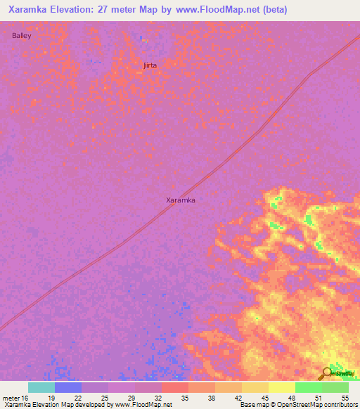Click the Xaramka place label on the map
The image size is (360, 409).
tap(180, 200)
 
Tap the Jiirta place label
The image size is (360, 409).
tap(149, 65)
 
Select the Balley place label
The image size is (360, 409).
tap(22, 35)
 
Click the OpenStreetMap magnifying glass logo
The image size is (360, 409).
tap(326, 374)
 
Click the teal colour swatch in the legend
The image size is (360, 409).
tap(41, 387)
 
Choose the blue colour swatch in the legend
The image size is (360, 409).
tap(68, 387)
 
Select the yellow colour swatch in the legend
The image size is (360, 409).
tap(282, 387)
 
